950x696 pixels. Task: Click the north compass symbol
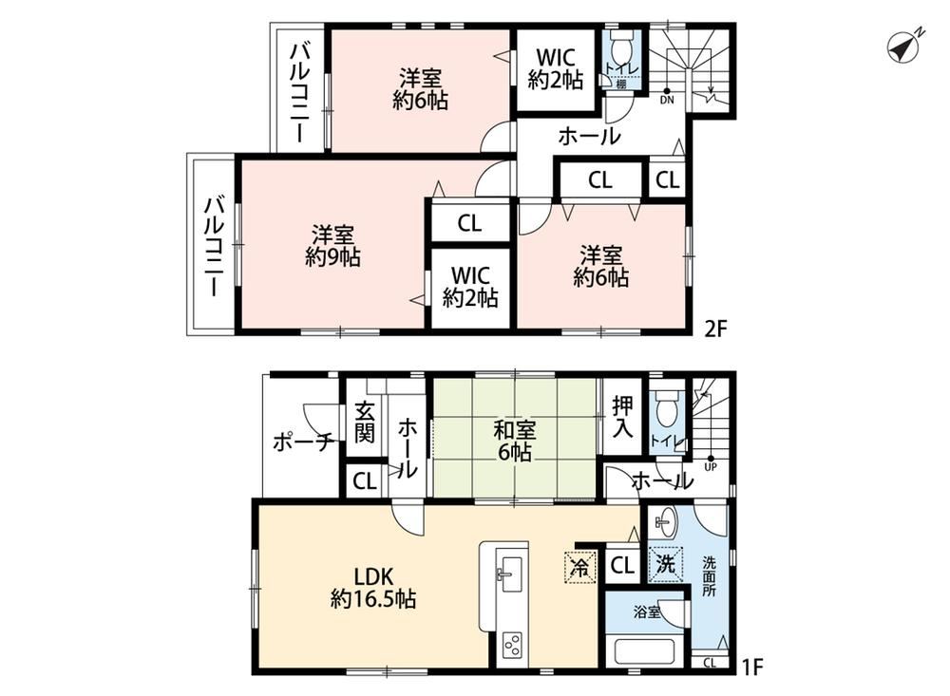[903, 47]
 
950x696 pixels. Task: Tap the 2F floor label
[714, 328]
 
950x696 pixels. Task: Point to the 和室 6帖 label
[514, 441]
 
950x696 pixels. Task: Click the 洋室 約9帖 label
[332, 246]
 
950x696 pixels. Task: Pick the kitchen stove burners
[513, 644]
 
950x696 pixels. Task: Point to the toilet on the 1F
[667, 409]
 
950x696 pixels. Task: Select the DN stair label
[667, 100]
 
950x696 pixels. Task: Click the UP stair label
[711, 467]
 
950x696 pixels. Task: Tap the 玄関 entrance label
[364, 422]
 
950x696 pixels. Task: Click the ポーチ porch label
[304, 442]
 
